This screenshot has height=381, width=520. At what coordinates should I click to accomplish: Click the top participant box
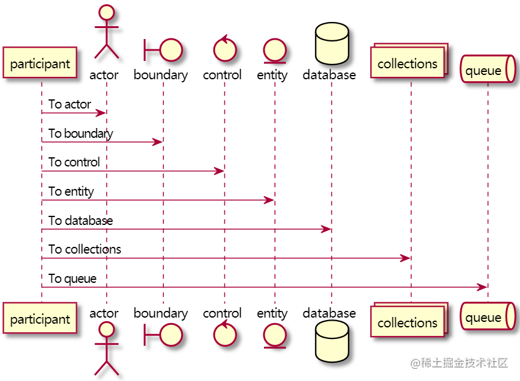[x=40, y=63]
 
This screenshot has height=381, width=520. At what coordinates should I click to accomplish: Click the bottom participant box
[x=40, y=318]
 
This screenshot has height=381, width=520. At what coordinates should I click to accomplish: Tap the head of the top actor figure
[x=107, y=13]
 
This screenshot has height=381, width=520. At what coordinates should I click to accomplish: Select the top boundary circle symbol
[x=171, y=50]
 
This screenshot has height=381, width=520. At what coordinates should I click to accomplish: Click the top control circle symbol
[x=224, y=50]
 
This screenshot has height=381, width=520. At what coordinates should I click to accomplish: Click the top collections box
[x=407, y=64]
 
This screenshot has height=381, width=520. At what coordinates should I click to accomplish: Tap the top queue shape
[x=486, y=70]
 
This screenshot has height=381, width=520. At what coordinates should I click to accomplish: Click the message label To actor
[x=70, y=104]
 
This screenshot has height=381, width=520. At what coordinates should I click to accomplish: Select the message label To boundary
[x=80, y=134]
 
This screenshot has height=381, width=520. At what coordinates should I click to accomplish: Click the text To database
[x=80, y=221]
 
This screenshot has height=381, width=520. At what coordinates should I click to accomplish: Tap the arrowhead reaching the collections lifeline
[x=405, y=258]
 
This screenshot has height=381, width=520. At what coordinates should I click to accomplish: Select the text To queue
[x=73, y=279]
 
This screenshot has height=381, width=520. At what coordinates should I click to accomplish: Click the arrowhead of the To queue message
[x=482, y=287]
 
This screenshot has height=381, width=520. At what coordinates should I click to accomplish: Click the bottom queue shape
[x=486, y=318]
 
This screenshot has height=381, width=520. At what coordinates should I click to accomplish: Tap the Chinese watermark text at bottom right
[x=459, y=363]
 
